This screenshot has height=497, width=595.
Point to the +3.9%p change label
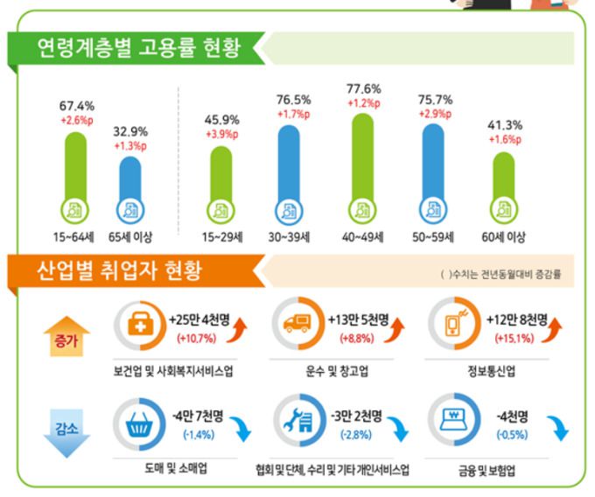[221, 134]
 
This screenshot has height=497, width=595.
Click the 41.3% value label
[503, 124]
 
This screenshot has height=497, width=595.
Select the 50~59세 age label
[434, 237]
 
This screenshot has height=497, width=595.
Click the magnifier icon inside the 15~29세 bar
[221, 210]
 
